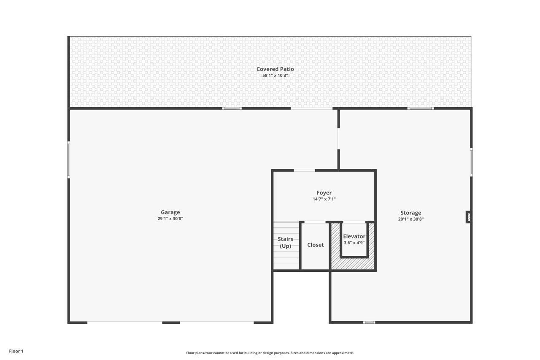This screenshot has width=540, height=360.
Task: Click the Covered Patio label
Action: pos(275,69)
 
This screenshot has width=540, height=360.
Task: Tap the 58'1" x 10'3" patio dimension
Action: pos(275,76)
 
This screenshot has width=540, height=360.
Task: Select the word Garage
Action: pos(170,212)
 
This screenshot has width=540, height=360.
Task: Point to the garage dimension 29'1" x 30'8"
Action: pos(170,219)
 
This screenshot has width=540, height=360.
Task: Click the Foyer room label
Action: pos(324,192)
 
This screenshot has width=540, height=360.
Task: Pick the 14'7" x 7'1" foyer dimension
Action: pos(324,199)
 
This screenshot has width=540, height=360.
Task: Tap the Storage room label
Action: pos(410,213)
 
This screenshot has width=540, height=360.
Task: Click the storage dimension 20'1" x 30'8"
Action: pos(410,219)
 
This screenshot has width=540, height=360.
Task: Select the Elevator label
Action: pos(354,236)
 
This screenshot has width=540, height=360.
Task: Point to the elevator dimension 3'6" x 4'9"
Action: pos(354,243)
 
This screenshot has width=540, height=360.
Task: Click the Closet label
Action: pos(315,245)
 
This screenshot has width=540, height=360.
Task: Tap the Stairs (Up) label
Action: pos(285,242)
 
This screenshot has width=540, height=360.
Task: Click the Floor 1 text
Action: pos(16,351)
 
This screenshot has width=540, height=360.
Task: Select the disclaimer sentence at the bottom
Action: pos(270,353)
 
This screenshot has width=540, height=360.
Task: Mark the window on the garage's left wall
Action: pos(69,160)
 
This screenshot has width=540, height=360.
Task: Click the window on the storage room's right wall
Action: pos(471,162)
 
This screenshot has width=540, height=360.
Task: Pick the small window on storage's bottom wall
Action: pos(369,322)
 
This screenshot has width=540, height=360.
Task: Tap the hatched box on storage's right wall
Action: pos(469,217)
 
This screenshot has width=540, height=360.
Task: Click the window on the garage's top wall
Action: pos(232,108)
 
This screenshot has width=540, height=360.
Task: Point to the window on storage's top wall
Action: pos(421,108)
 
